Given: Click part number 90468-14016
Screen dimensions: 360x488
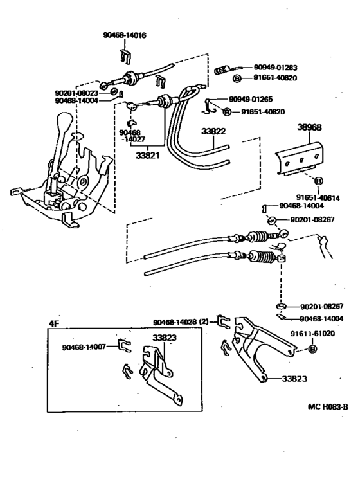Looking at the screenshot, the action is pos(125,35).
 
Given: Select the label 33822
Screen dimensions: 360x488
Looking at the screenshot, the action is pos(213,131).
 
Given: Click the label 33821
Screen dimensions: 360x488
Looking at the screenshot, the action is pos(147,155).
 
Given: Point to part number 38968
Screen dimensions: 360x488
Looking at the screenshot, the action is pos(309,127).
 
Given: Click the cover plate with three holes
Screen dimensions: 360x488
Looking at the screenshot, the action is pos(301,158).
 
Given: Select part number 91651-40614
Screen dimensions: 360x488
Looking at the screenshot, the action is pos(318,197).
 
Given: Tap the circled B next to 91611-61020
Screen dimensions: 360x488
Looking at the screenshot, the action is pos(312,349).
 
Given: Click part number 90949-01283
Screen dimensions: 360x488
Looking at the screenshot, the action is pos(275,68).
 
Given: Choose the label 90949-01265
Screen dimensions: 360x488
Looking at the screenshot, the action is pos(251,99).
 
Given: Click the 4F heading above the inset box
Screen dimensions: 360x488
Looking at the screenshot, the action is pos(53,323).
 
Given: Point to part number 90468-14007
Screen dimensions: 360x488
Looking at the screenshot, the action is pos(84,347).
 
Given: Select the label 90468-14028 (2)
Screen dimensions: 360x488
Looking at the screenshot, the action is pos(181,322).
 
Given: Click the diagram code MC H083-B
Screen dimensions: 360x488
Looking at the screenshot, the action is pos(328,406).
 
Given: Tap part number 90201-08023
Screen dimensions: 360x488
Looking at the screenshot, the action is pos(76,93).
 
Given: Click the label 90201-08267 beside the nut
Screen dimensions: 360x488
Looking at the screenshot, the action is pos(312,220).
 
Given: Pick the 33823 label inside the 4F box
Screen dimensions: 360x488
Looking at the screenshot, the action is pos(165,338).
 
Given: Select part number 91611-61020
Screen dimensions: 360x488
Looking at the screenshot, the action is pos(312,333).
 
